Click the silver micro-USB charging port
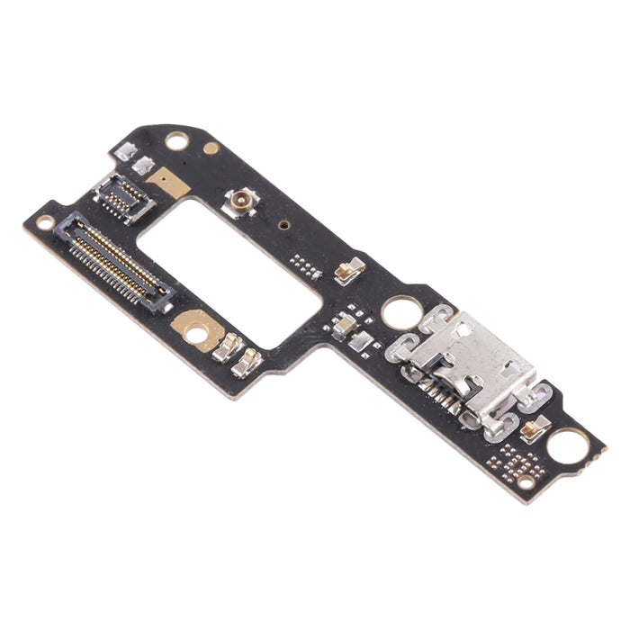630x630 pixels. (473, 364)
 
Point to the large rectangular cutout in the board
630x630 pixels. (229, 271)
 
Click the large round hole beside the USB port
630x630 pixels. (398, 313)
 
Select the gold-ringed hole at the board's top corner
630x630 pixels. (177, 141)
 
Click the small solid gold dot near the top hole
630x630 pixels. (211, 148)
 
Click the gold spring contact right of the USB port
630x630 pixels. (532, 429)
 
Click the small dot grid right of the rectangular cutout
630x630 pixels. (305, 265)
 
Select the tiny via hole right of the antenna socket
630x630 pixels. (283, 226)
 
